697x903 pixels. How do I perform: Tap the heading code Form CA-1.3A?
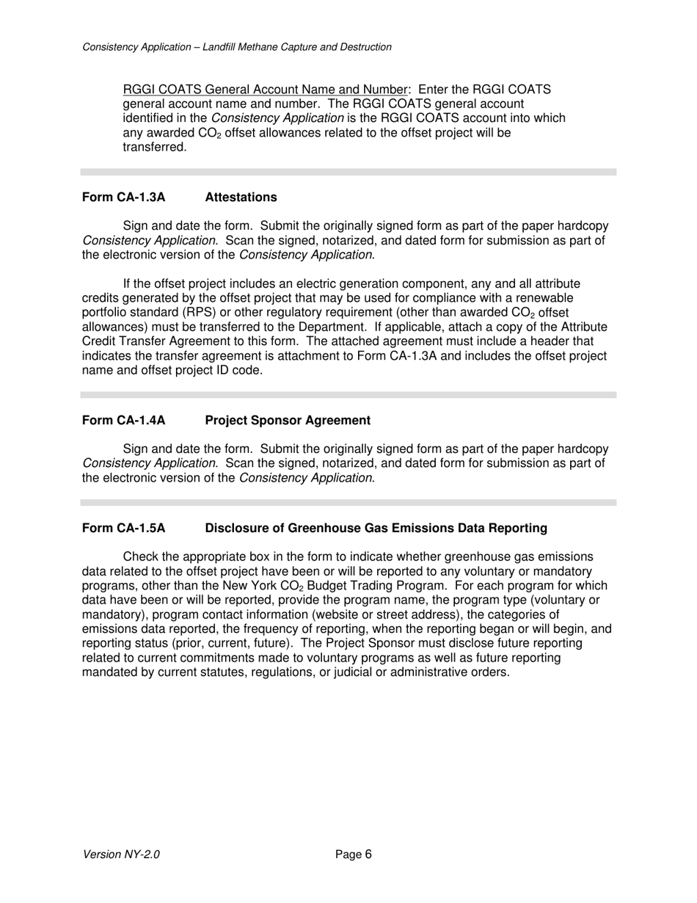(123, 197)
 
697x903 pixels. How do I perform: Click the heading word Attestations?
(241, 197)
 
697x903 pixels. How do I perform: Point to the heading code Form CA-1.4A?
(123, 421)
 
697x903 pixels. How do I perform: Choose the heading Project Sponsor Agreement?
(288, 421)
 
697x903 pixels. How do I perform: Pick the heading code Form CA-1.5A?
(123, 529)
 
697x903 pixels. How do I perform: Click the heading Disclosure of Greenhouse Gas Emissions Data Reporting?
(376, 529)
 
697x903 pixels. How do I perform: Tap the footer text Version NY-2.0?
(121, 855)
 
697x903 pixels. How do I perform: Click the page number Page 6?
(354, 855)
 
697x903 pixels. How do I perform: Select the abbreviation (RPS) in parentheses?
(211, 313)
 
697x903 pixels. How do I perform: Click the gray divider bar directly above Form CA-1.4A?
(348, 395)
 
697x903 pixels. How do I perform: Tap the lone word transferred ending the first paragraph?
(154, 148)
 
